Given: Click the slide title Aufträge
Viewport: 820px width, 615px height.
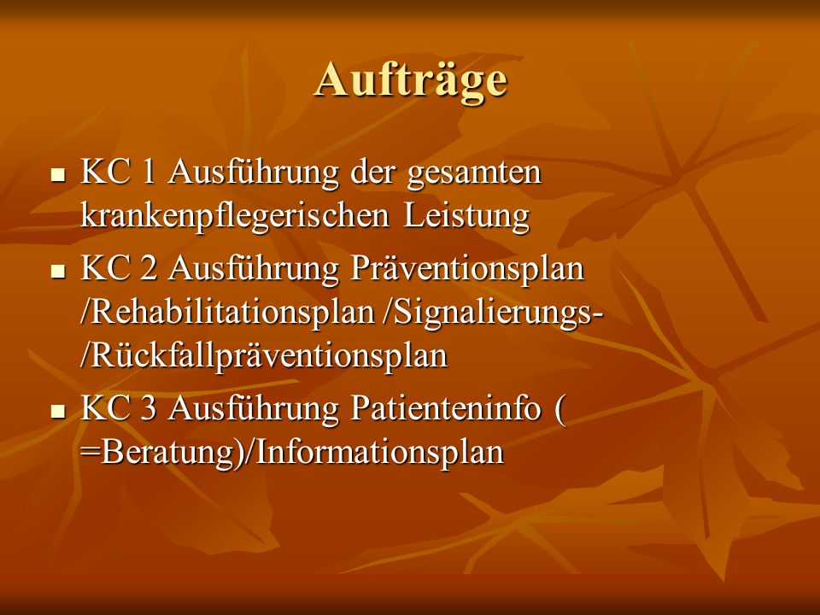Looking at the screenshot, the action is pos(411,79).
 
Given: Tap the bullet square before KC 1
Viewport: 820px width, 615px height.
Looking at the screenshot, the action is pos(59,174).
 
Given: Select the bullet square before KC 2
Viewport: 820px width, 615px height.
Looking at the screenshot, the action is pos(59,271).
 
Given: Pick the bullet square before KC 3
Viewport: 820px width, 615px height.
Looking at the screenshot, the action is pos(59,411).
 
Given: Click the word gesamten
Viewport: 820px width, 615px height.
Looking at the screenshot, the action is pos(474,173).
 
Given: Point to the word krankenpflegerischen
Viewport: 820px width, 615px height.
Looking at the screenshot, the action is pos(236,215).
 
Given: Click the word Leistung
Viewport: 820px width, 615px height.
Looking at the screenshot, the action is pos(466,215).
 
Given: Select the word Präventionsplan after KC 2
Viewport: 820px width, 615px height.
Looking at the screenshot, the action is pos(467,269).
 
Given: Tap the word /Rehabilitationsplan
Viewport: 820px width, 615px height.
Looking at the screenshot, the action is pos(228,313).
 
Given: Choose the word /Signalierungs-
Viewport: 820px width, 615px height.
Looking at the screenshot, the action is pos(493,313).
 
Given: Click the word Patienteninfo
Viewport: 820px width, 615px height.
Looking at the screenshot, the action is pos(446,408).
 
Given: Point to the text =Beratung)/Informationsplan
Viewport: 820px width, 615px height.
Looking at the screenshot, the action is pos(292,453).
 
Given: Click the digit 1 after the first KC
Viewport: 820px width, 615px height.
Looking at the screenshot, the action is pos(148,172).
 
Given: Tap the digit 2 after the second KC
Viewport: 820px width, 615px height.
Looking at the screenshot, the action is pos(148,269).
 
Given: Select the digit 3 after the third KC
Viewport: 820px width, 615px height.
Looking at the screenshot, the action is pos(148,408).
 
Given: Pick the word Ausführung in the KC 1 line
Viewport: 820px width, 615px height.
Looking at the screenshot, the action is pos(254,173).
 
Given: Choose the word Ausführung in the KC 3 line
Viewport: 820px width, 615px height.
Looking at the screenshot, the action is pos(254,409).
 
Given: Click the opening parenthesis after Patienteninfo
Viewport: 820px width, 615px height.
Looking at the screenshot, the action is pos(560,409).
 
